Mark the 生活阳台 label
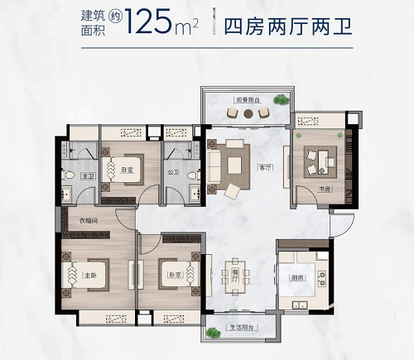click(242, 329)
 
